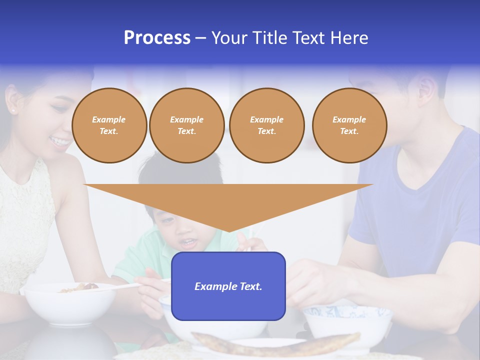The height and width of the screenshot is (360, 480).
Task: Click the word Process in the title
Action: (x=157, y=37)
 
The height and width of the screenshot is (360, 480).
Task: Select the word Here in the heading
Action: (x=349, y=37)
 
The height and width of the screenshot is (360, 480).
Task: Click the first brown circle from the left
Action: (x=109, y=125)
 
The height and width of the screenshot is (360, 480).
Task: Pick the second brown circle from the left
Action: (x=186, y=125)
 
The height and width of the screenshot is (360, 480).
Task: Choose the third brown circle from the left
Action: (x=266, y=125)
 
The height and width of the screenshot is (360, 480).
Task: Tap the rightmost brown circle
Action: (x=349, y=125)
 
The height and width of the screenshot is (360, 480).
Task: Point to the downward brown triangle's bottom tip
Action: (x=228, y=230)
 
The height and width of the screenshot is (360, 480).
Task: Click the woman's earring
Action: (x=12, y=109)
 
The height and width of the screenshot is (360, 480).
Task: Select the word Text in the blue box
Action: (x=249, y=286)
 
